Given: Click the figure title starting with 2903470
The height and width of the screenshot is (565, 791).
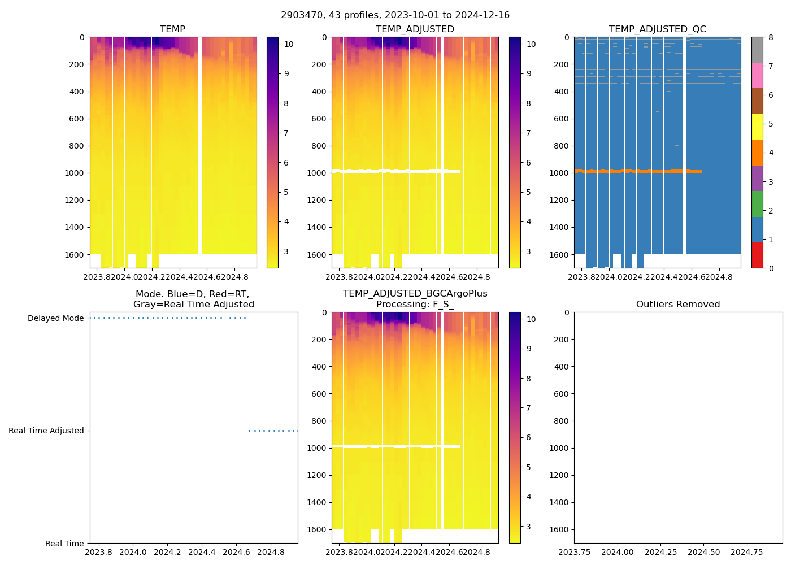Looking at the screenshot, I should pyautogui.click(x=395, y=15).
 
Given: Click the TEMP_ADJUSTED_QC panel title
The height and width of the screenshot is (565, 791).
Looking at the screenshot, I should pyautogui.click(x=657, y=29).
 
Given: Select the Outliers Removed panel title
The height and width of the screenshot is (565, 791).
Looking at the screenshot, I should pyautogui.click(x=678, y=305).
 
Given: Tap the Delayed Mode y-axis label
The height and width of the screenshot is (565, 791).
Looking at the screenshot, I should pyautogui.click(x=55, y=318).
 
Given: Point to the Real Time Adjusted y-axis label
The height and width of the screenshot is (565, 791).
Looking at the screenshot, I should pyautogui.click(x=46, y=431).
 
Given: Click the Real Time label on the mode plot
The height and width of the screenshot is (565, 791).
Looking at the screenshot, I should pyautogui.click(x=64, y=544).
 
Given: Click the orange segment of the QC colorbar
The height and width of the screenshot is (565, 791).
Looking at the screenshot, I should pyautogui.click(x=757, y=153).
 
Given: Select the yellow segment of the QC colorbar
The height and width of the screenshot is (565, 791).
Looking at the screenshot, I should pyautogui.click(x=757, y=127).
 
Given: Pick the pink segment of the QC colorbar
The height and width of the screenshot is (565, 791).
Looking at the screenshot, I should pyautogui.click(x=757, y=75).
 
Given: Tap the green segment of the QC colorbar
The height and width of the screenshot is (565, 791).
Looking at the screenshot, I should pyautogui.click(x=757, y=204).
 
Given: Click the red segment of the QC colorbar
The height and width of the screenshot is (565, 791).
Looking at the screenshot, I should pyautogui.click(x=757, y=255).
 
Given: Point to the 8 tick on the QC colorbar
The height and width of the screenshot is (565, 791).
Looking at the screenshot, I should pyautogui.click(x=771, y=37).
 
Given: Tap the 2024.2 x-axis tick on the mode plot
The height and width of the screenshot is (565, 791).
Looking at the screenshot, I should pyautogui.click(x=167, y=552).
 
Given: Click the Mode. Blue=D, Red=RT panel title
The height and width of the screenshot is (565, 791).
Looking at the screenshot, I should pyautogui.click(x=193, y=299).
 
